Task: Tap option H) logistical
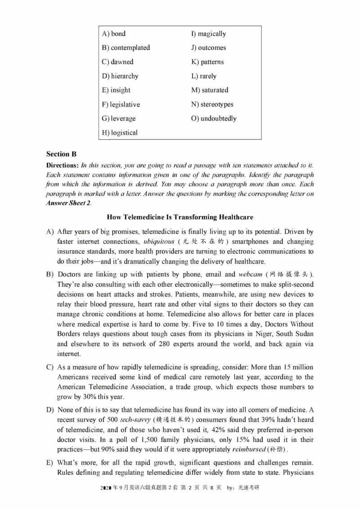point(120,133)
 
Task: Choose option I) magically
point(208,34)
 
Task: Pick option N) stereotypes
point(212,104)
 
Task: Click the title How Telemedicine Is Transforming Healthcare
point(180,217)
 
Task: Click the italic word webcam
point(250,274)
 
